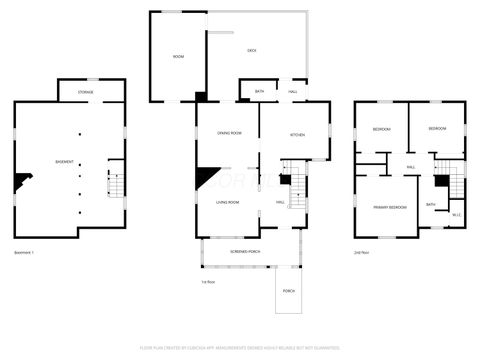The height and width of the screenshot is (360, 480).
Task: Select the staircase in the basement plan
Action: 115,182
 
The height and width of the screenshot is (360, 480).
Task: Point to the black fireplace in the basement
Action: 21,182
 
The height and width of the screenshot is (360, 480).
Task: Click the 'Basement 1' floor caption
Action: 25,252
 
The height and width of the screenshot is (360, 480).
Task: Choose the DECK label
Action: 253,50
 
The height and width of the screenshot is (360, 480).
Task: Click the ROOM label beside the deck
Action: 178,57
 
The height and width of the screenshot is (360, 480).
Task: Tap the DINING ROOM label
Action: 230,133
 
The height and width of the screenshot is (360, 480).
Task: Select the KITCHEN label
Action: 297,133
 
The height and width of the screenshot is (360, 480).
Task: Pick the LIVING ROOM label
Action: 227,203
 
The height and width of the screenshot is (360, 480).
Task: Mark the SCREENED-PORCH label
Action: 246,252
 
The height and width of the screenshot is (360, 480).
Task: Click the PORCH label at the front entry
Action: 289,291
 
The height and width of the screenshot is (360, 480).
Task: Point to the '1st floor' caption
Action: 208,282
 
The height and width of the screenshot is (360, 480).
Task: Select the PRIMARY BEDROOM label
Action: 390,207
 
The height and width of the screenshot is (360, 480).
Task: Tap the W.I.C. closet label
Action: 455,213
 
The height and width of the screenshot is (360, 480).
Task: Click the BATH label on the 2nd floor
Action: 431,204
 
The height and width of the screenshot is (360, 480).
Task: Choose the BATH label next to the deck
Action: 259,92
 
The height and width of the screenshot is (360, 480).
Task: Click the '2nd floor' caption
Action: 363,252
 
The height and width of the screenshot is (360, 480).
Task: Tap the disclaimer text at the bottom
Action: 240,349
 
